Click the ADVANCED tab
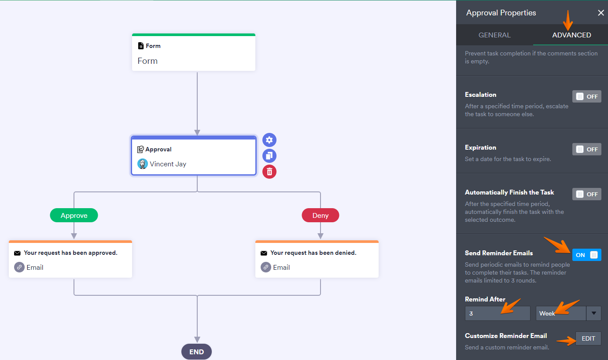pos(571,35)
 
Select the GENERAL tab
pos(494,35)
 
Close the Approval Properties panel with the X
pos(601,13)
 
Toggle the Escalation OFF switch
pos(586,96)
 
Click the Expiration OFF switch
pos(586,149)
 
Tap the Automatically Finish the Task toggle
pos(586,194)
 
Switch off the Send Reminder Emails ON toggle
pos(586,255)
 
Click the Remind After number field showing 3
pos(497,313)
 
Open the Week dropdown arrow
pos(593,313)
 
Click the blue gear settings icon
pos(269,140)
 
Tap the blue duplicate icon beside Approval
pos(269,156)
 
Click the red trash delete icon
pos(269,172)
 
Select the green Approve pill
pos(74,215)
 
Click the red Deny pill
pos(320,215)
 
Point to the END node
pos(196,352)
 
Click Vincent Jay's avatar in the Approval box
pos(143,164)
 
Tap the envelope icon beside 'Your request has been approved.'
pos(17,253)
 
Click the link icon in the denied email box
pos(266,267)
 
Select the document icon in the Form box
pos(140,46)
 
